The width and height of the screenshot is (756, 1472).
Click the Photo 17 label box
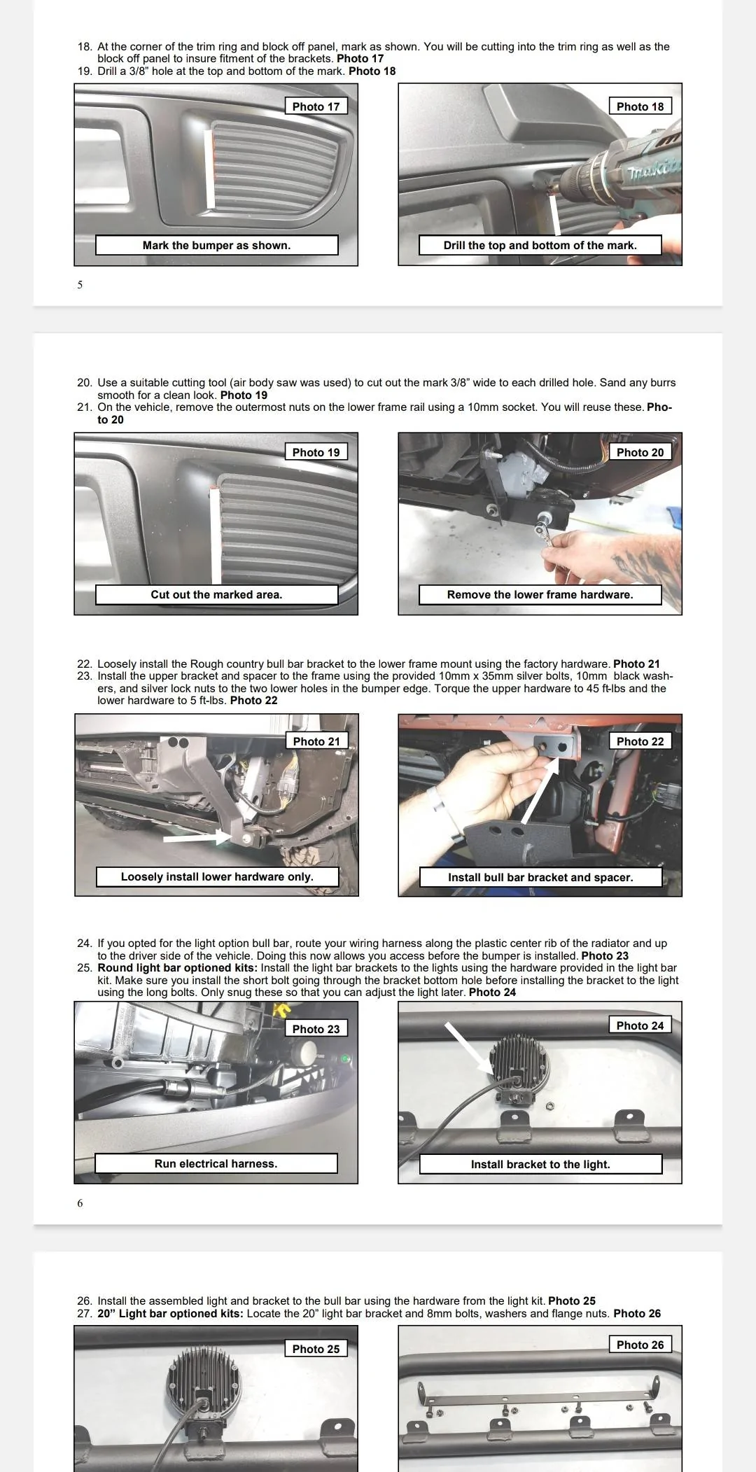coord(316,106)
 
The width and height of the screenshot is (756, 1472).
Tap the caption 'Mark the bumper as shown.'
coord(216,245)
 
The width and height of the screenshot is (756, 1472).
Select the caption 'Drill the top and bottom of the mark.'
coord(540,245)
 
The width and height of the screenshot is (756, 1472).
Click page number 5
coord(80,285)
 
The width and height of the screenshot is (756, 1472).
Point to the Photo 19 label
coord(316,452)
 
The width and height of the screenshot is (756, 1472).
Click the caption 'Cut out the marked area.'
coord(216,594)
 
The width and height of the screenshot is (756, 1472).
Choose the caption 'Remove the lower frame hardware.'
coord(540,594)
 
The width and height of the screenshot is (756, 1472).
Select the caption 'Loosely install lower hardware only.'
coord(217,876)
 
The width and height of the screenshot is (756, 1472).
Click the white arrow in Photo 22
coord(539,791)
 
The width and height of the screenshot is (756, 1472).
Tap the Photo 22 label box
coord(640,741)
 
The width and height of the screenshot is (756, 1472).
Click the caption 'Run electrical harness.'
coord(216,1163)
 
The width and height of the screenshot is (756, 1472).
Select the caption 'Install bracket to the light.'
coord(540,1164)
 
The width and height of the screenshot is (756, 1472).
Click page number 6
coord(80,1203)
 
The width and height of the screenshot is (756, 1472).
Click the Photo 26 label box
coord(640,1345)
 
